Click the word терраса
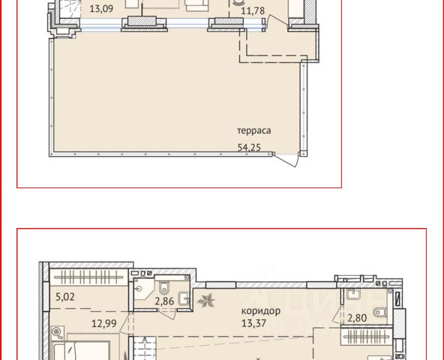tap(253, 130)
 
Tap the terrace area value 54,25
tap(249, 148)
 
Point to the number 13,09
tap(101, 8)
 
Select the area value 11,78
tap(253, 10)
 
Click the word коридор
tap(261, 311)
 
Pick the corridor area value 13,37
tap(253, 323)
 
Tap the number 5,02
tap(65, 297)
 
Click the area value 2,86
tap(164, 301)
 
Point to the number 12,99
tap(104, 323)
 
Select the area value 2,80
tap(357, 318)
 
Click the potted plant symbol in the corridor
tap(206, 300)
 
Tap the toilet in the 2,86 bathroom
tap(164, 287)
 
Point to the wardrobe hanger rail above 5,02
tap(89, 277)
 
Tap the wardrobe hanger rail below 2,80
tap(367, 337)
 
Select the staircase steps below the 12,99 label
tap(145, 349)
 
